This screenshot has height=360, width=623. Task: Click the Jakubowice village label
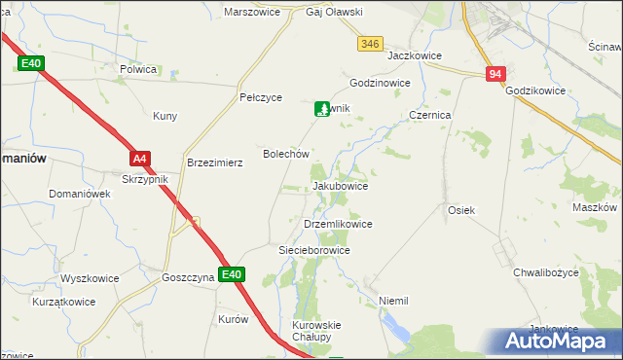tap(340, 186)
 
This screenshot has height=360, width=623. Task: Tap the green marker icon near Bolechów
tap(321, 109)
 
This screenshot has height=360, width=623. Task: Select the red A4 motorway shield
tap(140, 158)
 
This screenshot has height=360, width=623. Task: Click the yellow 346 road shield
tap(370, 44)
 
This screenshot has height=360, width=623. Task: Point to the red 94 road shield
tap(496, 74)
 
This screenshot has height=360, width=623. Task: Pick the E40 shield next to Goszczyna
tap(231, 275)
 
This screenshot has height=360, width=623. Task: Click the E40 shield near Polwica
tap(31, 63)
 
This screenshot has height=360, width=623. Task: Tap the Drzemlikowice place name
tap(338, 224)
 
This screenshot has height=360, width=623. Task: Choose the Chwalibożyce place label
tap(546, 273)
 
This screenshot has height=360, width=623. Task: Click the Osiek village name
tap(460, 210)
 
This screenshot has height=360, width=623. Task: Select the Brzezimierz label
tap(214, 163)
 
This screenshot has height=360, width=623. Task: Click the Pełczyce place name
tap(261, 98)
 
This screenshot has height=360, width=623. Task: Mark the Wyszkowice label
tap(90, 278)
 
